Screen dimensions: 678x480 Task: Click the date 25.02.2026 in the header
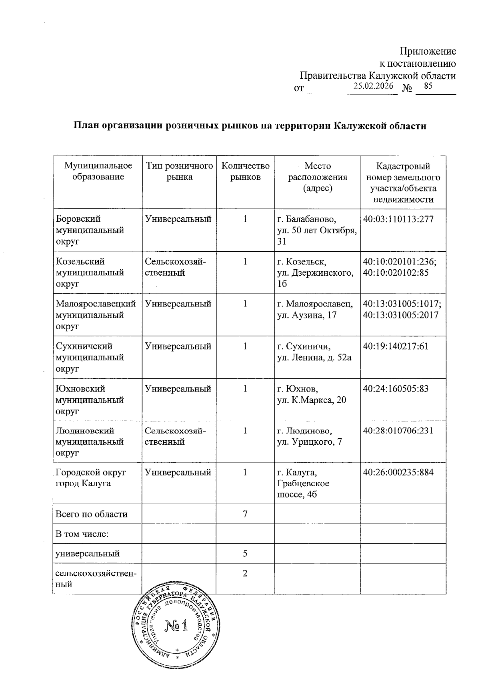point(373,86)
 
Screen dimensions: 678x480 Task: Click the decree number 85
point(428,86)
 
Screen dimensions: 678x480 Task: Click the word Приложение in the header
point(428,52)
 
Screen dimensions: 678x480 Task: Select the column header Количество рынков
point(245,171)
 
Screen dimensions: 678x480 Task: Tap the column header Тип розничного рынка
point(179,171)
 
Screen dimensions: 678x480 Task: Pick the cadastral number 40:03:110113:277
point(398,219)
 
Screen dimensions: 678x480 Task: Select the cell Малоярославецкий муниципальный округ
point(96,315)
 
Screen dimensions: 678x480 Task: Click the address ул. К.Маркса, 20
point(312,400)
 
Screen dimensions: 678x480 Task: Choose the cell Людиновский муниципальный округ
point(90,441)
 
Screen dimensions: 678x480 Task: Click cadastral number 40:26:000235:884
point(398,472)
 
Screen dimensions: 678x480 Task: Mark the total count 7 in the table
point(245,514)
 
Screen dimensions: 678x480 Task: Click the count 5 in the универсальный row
point(245,553)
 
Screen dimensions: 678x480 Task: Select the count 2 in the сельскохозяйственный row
point(245,573)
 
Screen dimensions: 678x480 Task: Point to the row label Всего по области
point(92,514)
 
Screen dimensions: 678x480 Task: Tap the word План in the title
point(85,126)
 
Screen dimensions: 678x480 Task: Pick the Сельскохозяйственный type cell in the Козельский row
point(176,267)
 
